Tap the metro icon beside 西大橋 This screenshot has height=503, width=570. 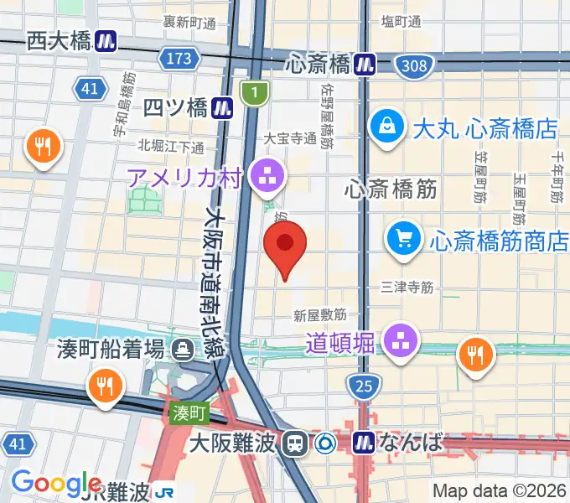pyautogui.click(x=106, y=40)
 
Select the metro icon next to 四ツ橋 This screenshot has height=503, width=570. pyautogui.click(x=222, y=106)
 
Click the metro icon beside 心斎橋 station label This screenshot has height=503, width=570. pyautogui.click(x=365, y=64)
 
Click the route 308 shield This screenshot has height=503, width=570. pyautogui.click(x=414, y=65)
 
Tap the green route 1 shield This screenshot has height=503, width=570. pyautogui.click(x=252, y=93)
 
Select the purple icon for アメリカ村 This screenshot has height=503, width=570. pyautogui.click(x=269, y=176)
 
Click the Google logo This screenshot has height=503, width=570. pyautogui.click(x=57, y=483)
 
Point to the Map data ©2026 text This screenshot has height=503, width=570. pyautogui.click(x=500, y=490)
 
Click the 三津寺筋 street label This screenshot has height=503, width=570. pyautogui.click(x=407, y=287)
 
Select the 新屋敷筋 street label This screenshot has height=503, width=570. pyautogui.click(x=320, y=315)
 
